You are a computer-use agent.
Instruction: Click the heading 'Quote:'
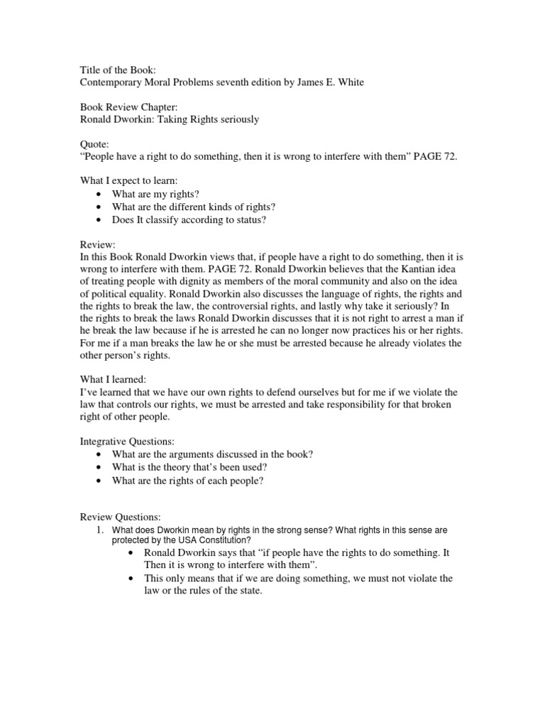click(94, 143)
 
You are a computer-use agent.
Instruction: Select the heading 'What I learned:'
click(113, 381)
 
